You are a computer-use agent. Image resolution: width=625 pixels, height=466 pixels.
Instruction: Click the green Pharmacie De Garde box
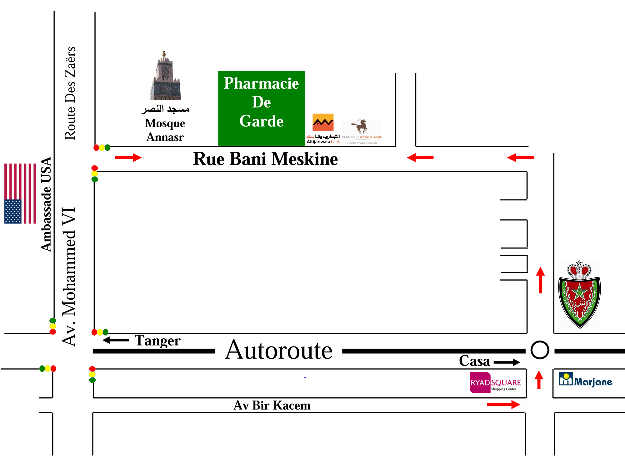click(261, 108)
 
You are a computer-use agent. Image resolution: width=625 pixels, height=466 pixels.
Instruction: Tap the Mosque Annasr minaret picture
click(165, 77)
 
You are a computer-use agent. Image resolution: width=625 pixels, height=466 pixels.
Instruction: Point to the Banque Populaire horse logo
click(362, 131)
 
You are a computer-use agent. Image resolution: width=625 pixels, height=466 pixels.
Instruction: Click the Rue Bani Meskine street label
click(265, 159)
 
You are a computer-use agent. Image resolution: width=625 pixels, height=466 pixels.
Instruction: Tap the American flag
click(20, 194)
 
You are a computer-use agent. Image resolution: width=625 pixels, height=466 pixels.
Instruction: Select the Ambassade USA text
click(46, 204)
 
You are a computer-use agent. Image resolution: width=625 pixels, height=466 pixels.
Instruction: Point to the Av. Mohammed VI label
click(69, 277)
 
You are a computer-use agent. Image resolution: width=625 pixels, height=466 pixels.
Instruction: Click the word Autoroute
click(279, 351)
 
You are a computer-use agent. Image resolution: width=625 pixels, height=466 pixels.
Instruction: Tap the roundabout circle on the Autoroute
click(540, 350)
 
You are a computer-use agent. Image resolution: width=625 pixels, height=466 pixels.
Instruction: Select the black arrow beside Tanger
click(116, 340)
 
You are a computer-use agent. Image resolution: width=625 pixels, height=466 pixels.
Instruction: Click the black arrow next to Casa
click(507, 362)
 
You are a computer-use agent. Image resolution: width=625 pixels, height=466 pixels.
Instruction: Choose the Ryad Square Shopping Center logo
click(495, 383)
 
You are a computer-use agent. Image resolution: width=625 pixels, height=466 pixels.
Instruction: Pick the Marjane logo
click(585, 380)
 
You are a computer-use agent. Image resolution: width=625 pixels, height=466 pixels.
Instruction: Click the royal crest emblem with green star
click(579, 294)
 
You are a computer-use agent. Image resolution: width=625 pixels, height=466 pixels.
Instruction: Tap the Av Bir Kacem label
click(272, 405)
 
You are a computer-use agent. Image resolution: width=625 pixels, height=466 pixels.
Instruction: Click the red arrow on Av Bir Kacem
click(503, 405)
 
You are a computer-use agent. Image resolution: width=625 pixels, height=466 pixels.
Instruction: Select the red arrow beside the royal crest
click(540, 280)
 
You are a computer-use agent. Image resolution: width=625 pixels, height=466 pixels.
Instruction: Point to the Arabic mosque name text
click(165, 109)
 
